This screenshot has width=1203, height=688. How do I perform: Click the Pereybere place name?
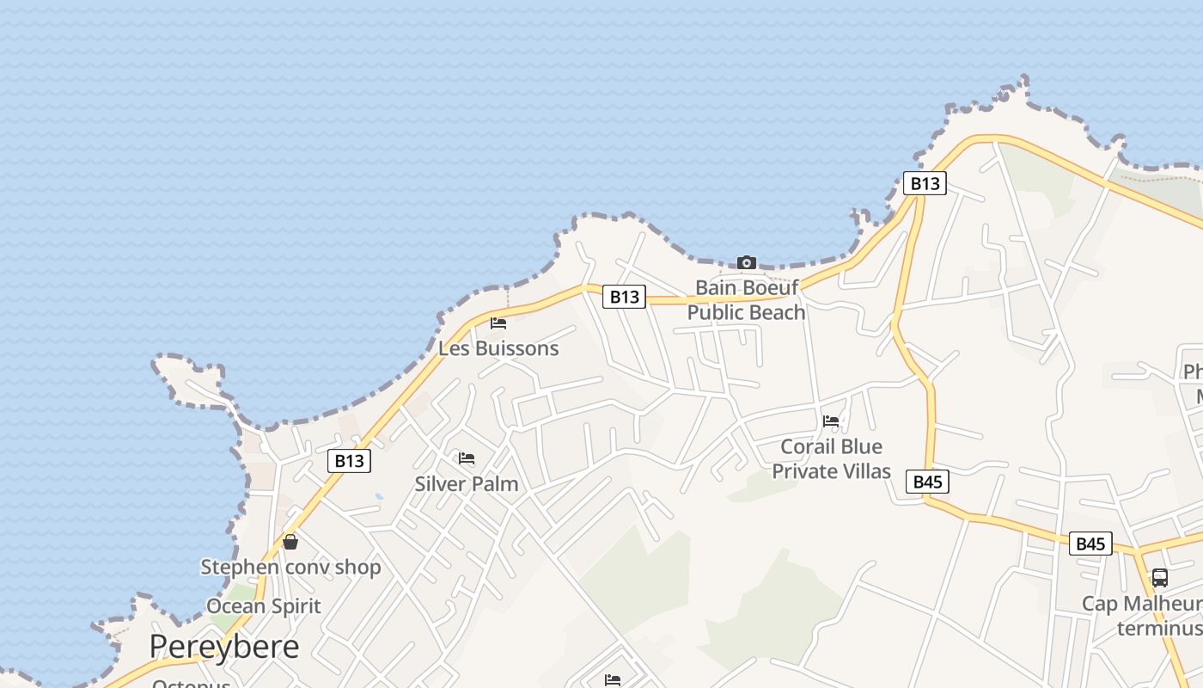pyautogui.click(x=224, y=647)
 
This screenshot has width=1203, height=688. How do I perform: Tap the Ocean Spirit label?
pyautogui.click(x=264, y=606)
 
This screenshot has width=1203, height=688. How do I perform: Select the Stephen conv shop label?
pyautogui.click(x=290, y=568)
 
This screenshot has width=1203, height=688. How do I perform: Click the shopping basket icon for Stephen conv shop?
pyautogui.click(x=290, y=542)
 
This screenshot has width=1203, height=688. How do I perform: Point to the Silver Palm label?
pyautogui.click(x=467, y=484)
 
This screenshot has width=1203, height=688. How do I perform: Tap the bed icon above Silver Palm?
pyautogui.click(x=467, y=458)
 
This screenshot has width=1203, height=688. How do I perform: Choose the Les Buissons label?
pyautogui.click(x=498, y=348)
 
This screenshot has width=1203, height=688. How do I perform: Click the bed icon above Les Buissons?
pyautogui.click(x=498, y=323)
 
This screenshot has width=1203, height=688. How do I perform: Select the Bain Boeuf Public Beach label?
pyautogui.click(x=746, y=299)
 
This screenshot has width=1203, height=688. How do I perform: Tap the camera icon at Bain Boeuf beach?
pyautogui.click(x=747, y=262)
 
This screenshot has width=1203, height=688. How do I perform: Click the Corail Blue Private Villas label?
pyautogui.click(x=831, y=458)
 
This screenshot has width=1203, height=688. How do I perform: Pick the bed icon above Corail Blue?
pyautogui.click(x=831, y=421)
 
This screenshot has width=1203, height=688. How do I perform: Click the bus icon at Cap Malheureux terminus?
pyautogui.click(x=1159, y=578)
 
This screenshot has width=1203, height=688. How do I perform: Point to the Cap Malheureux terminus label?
pyautogui.click(x=1143, y=616)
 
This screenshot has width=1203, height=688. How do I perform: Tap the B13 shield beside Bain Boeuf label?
pyautogui.click(x=624, y=297)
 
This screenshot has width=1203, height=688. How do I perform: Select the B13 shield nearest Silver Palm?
pyautogui.click(x=350, y=461)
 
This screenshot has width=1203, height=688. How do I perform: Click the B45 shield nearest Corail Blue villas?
pyautogui.click(x=927, y=482)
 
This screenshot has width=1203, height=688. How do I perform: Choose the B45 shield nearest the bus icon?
pyautogui.click(x=1090, y=544)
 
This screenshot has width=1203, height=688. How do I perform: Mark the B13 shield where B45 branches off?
pyautogui.click(x=925, y=183)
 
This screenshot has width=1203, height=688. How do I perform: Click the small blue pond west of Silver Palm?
pyautogui.click(x=379, y=497)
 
